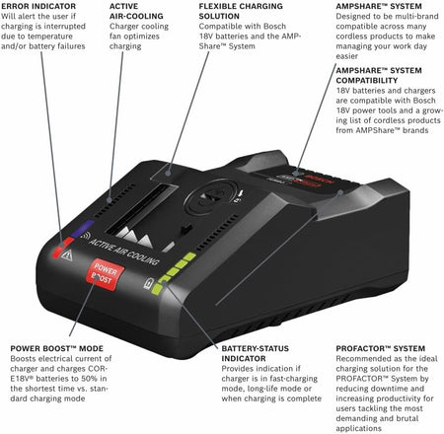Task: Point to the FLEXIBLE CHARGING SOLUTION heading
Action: click(x=233, y=11)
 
